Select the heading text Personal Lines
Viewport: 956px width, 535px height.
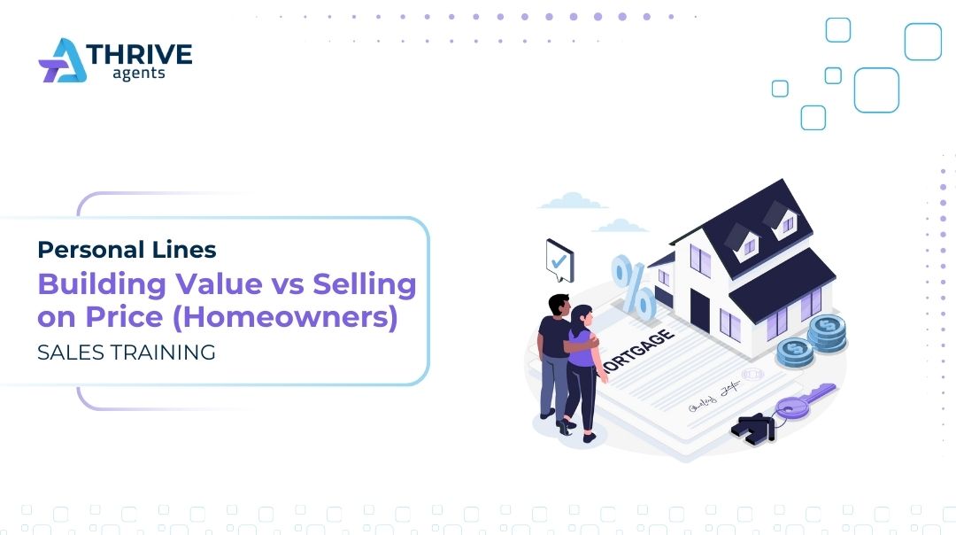point(127,250)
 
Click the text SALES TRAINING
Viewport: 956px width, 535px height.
point(127,352)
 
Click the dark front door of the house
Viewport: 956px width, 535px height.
point(699,309)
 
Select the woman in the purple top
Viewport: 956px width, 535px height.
point(582,368)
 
